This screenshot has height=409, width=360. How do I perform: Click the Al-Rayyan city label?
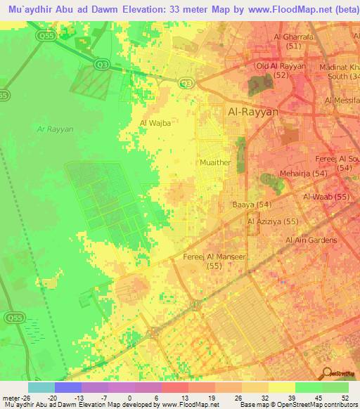[254, 112]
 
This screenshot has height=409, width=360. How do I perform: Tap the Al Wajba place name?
[155, 123]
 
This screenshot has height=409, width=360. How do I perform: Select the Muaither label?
[216, 162]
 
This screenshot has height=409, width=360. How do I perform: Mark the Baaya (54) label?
[252, 204]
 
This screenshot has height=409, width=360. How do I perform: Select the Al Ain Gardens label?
[310, 240]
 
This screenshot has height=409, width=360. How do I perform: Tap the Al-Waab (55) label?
[326, 197]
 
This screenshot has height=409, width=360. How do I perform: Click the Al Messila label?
[342, 101]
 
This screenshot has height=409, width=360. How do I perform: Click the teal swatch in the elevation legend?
[41, 387]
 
